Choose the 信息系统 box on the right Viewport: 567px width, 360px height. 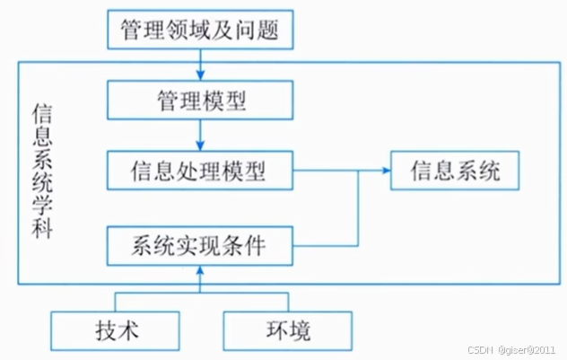coord(455,170)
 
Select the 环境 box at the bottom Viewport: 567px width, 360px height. coord(287,331)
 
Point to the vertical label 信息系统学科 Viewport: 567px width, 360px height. coord(41,171)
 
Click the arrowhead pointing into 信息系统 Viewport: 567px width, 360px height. coord(384,170)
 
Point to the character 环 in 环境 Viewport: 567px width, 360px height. coord(276,331)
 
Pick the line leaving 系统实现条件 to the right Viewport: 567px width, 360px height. coord(327,244)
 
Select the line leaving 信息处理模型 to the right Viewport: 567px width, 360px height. coord(327,170)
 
